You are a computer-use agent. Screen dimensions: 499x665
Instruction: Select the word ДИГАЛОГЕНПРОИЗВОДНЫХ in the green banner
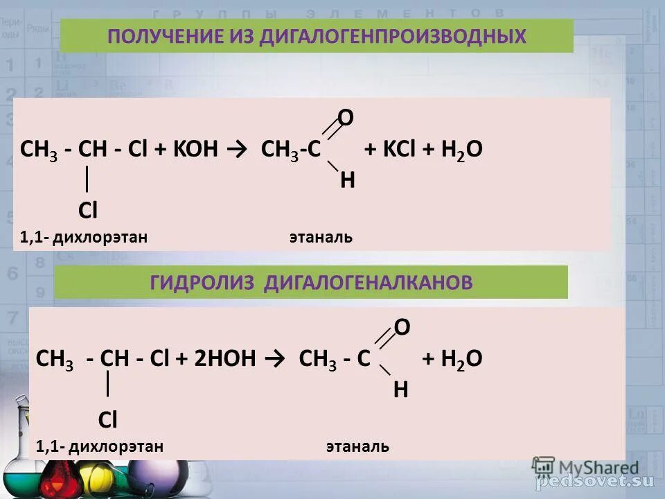(x=393, y=36)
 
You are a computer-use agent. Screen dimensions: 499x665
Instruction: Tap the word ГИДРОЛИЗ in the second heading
(x=204, y=282)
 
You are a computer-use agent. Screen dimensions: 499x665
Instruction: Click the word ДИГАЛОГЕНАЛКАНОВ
(x=369, y=282)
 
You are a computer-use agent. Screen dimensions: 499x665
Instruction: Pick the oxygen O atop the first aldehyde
(x=346, y=119)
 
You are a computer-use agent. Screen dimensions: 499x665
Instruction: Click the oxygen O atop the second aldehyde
(x=402, y=328)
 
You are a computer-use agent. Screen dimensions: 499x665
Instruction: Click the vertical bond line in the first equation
(x=86, y=179)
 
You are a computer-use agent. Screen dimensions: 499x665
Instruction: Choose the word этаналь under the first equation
(x=321, y=238)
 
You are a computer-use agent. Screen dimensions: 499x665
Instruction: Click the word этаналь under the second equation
(x=357, y=446)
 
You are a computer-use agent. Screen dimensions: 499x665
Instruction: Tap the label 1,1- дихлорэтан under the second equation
(x=100, y=446)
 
